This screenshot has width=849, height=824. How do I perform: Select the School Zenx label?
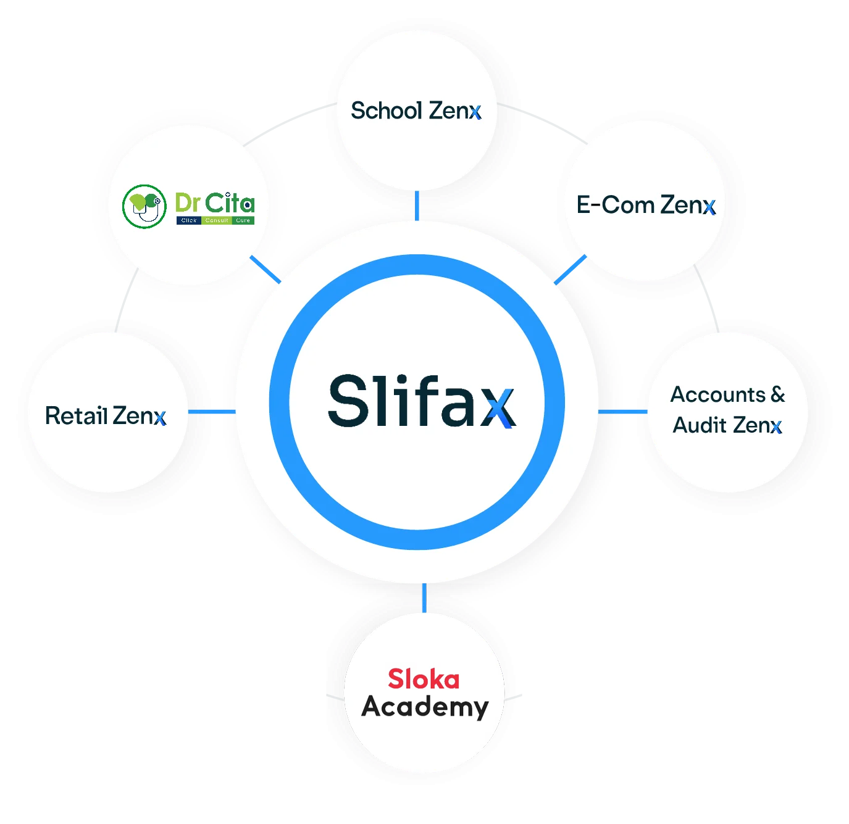coord(416,111)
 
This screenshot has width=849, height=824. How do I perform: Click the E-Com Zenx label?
coord(645,205)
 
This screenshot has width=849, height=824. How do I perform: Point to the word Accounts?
coord(718,394)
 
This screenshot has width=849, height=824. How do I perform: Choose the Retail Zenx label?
coord(106,416)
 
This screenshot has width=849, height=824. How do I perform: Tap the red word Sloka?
coord(424,680)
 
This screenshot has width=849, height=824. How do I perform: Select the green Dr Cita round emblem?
coord(144,206)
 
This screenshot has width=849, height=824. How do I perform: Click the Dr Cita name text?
coord(214,202)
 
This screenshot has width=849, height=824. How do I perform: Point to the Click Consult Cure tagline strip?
coord(215,220)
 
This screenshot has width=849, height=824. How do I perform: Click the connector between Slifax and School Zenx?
coord(417,205)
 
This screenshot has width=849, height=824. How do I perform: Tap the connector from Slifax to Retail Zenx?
coord(211,411)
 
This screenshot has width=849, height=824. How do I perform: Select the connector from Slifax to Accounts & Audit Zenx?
coord(622,411)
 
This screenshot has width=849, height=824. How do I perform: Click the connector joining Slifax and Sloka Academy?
coord(424,597)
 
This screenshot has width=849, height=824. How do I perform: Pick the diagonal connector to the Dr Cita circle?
coord(266,270)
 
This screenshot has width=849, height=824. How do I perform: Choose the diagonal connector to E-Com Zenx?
coord(570,270)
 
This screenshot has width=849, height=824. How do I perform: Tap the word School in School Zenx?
coord(387,111)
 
